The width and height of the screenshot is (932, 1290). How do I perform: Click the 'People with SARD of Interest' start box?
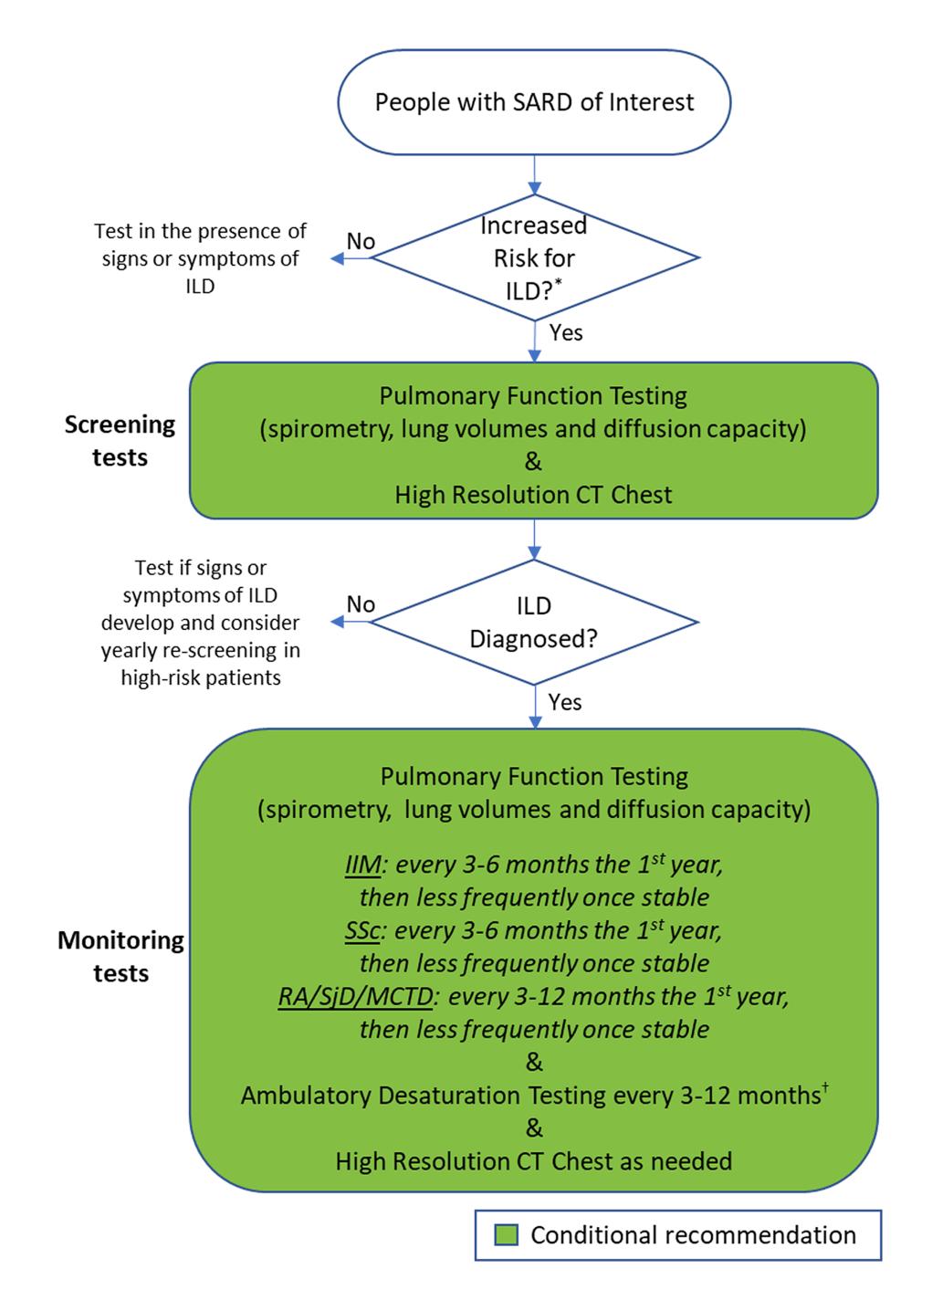click(x=534, y=102)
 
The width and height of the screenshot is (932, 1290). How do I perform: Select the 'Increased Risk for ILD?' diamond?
click(x=535, y=257)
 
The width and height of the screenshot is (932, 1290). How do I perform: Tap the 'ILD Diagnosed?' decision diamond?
click(x=534, y=622)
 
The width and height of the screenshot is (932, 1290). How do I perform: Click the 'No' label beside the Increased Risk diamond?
click(x=361, y=241)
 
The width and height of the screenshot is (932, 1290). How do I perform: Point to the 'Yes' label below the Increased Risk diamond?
click(x=566, y=333)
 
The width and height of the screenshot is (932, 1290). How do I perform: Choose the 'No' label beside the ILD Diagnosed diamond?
click(x=361, y=604)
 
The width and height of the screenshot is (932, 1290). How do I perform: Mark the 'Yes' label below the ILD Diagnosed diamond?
click(x=565, y=703)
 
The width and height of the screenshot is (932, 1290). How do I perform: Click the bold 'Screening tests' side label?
click(x=120, y=441)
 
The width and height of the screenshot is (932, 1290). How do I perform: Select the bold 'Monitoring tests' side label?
click(x=120, y=957)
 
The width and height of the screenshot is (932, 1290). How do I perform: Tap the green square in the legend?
click(x=506, y=1234)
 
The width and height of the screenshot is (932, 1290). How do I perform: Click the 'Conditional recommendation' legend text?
click(x=693, y=1235)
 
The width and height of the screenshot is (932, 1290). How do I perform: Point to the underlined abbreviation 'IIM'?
click(x=362, y=865)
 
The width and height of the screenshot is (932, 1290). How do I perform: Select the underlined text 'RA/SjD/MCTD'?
click(x=355, y=998)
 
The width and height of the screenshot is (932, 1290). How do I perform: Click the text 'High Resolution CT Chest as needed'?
click(x=534, y=1161)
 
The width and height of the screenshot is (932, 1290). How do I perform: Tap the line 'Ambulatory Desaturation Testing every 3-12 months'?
click(x=535, y=1096)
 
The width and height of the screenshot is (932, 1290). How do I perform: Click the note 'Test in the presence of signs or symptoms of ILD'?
click(x=200, y=258)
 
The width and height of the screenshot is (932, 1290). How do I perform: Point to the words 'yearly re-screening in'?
click(x=200, y=650)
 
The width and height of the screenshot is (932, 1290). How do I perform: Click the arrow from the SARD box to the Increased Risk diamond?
click(x=535, y=174)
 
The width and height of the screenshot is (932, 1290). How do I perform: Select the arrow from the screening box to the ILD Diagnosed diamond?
click(x=535, y=539)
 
